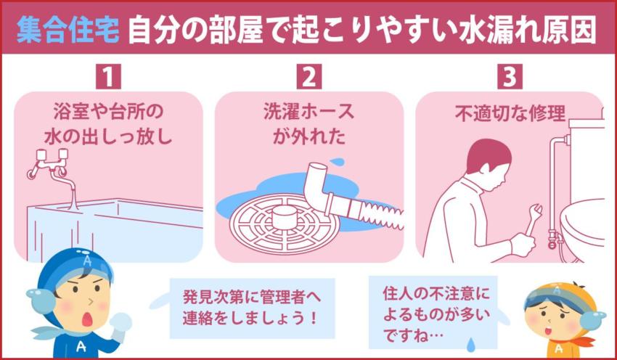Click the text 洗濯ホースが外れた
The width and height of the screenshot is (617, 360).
point(308,124)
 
